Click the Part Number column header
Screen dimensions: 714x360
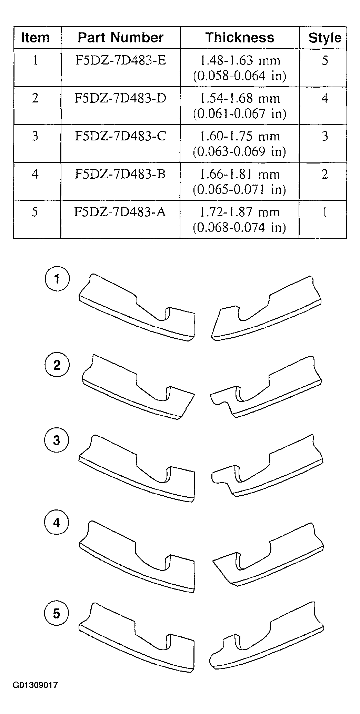120,37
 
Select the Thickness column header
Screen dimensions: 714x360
240,37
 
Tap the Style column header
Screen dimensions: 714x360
324,38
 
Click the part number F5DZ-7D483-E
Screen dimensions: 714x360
120,61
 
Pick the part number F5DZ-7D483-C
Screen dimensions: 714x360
120,136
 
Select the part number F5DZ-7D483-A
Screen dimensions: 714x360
120,212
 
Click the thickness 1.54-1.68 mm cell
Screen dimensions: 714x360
240,106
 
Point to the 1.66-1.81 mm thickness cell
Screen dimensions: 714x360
240,181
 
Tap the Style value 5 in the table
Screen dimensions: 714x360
324,61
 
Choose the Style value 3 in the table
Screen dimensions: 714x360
324,137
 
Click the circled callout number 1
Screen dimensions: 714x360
57,279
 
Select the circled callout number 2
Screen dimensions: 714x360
57,365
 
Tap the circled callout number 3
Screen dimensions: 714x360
57,440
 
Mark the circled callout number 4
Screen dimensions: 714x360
57,523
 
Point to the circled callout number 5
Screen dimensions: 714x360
57,614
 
